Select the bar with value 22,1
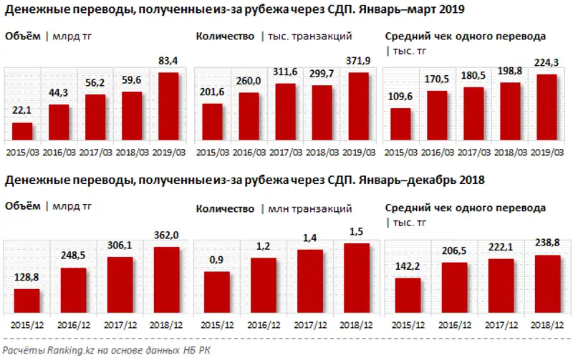pos(23,133)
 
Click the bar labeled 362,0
pos(166,280)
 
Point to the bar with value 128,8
pos(27,301)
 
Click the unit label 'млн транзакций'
pos(310,208)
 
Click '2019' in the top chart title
pos(451,10)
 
